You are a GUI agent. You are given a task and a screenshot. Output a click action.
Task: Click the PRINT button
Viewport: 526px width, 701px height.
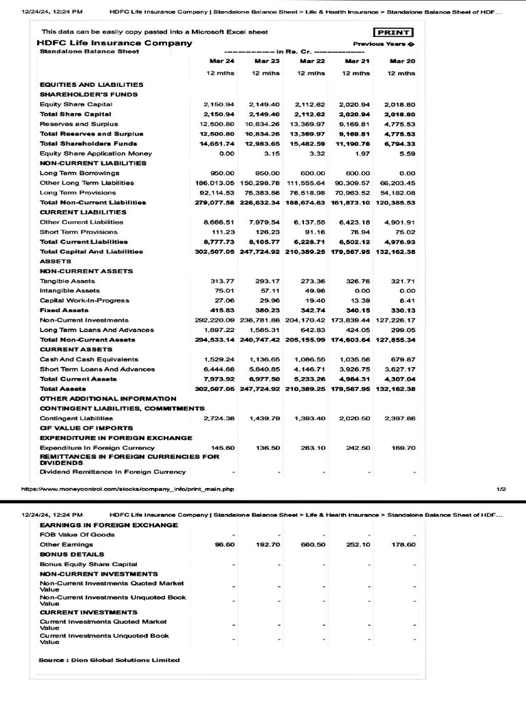393,32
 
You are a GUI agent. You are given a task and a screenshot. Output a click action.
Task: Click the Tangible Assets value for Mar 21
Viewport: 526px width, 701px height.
356,281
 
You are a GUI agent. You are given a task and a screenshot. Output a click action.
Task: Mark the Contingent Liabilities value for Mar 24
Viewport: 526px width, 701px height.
219,418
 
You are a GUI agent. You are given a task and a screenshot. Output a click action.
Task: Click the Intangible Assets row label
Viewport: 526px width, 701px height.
70,291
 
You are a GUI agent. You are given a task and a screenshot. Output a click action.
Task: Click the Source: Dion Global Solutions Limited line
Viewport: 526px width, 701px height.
110,660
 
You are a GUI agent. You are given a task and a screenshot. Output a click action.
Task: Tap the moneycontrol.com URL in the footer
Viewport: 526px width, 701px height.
127,489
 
